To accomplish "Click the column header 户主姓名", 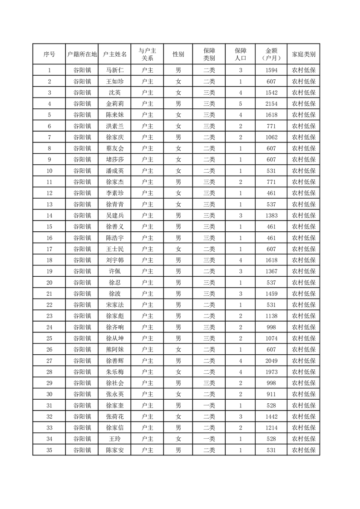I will point(115,54).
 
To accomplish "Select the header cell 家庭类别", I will point(304,54).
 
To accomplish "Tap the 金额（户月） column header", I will point(271,54).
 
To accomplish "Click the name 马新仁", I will point(115,70).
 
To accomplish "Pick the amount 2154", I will point(271,104).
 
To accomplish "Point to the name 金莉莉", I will point(115,104).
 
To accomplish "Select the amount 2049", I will point(271,361).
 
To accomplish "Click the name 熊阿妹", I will point(115,349).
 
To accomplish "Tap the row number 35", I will point(49,450).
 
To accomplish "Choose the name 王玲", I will point(115,439).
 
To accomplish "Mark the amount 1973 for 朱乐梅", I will point(271,372).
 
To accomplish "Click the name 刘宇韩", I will point(115,260).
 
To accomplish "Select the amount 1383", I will point(271,215).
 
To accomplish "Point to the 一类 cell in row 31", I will point(209,405).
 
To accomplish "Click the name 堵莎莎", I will point(115,160).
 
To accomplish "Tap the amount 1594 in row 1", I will point(271,70).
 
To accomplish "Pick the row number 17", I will point(49,249).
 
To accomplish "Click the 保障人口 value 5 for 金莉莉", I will point(241,104).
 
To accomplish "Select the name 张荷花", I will point(115,416).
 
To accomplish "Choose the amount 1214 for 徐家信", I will point(271,428).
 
